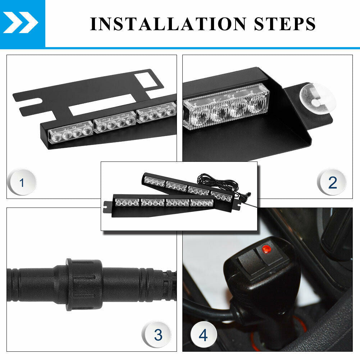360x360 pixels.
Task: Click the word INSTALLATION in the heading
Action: [x=168, y=24]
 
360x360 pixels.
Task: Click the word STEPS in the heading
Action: [x=285, y=24]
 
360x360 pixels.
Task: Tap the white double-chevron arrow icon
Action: [x=20, y=23]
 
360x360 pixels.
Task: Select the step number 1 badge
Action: [x=22, y=182]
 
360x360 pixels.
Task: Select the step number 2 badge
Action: [x=332, y=182]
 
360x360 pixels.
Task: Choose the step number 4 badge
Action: [x=204, y=334]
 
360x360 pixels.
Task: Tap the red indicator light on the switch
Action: [x=266, y=249]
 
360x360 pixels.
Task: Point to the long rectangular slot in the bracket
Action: [x=101, y=105]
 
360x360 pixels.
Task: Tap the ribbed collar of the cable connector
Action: [x=84, y=284]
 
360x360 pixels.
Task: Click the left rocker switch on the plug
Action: [x=250, y=262]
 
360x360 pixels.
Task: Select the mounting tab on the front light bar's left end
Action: [x=107, y=206]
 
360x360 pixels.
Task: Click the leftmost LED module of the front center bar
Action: [x=127, y=202]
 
